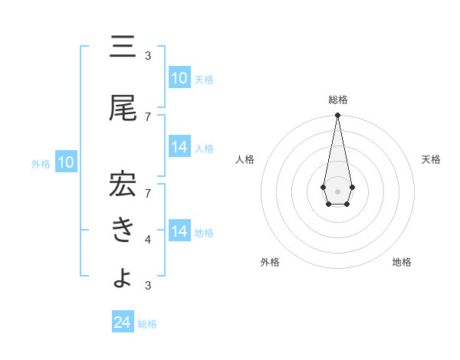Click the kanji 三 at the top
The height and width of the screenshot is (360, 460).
[x=123, y=49]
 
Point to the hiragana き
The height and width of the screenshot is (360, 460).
[x=123, y=230]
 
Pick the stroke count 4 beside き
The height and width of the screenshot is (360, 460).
[x=148, y=241]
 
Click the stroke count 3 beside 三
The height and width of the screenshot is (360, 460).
[x=148, y=56]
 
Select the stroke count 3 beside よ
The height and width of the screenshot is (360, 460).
[x=148, y=286]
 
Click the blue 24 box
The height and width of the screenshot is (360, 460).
[x=123, y=322]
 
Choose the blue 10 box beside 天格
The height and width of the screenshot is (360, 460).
[x=179, y=78]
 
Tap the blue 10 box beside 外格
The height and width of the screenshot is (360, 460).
[x=66, y=162]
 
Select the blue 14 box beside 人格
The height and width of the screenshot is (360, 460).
[x=179, y=147]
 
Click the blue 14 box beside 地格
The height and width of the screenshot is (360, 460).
[x=179, y=231]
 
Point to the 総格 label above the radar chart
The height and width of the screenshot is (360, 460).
[x=338, y=100]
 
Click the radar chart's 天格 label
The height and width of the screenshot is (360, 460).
[x=432, y=159]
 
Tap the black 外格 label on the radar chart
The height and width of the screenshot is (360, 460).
[x=270, y=262]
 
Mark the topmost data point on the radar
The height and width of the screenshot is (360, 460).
[x=337, y=116]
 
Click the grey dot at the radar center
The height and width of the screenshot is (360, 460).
[x=337, y=191]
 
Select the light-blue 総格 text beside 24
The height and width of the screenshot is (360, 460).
[x=148, y=324]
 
